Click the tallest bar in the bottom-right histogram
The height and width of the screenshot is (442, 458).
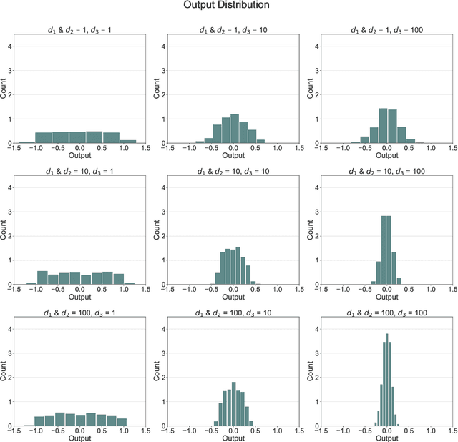coord(387,379)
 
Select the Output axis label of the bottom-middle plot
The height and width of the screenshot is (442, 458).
coord(233,438)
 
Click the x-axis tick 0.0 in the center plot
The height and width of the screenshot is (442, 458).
coord(233,290)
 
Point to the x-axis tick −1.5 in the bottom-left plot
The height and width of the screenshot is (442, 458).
coord(15,431)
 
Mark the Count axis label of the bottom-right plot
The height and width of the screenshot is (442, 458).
coord(312,379)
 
